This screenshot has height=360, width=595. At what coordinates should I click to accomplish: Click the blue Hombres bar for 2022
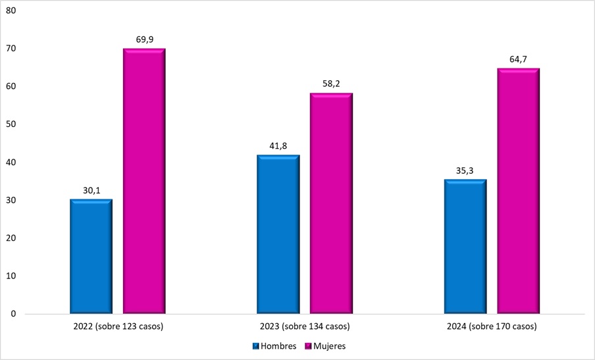[91, 256]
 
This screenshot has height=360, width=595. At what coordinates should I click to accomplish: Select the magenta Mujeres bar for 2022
[144, 181]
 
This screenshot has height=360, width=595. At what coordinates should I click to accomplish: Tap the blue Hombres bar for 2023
[278, 234]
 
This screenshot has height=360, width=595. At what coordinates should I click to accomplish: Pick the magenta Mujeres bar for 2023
[331, 203]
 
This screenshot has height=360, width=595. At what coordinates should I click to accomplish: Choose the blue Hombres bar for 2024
[465, 246]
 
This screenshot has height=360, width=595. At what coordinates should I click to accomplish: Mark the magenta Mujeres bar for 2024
[518, 191]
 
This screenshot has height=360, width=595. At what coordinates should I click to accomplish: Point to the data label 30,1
[91, 191]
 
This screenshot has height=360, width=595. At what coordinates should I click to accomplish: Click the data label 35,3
[465, 171]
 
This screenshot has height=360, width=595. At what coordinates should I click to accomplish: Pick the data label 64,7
[518, 60]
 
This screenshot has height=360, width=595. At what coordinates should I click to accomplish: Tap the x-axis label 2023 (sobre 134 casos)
[304, 327]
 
